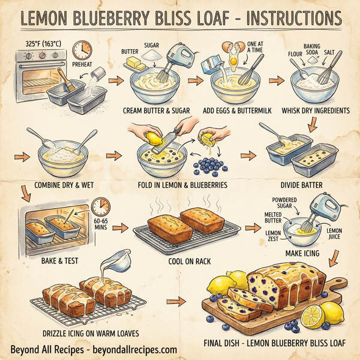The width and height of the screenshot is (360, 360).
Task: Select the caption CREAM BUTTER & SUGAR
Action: tap(158, 110)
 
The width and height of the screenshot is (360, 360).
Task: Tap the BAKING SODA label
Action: tap(313, 48)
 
